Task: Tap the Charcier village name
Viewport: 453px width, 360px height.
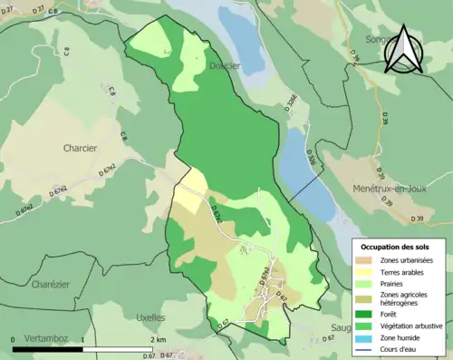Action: click(80, 147)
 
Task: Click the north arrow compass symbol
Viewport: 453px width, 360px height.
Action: click(404, 50)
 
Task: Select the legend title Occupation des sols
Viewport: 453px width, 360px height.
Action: click(396, 246)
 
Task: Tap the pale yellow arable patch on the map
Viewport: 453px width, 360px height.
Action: click(189, 195)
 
